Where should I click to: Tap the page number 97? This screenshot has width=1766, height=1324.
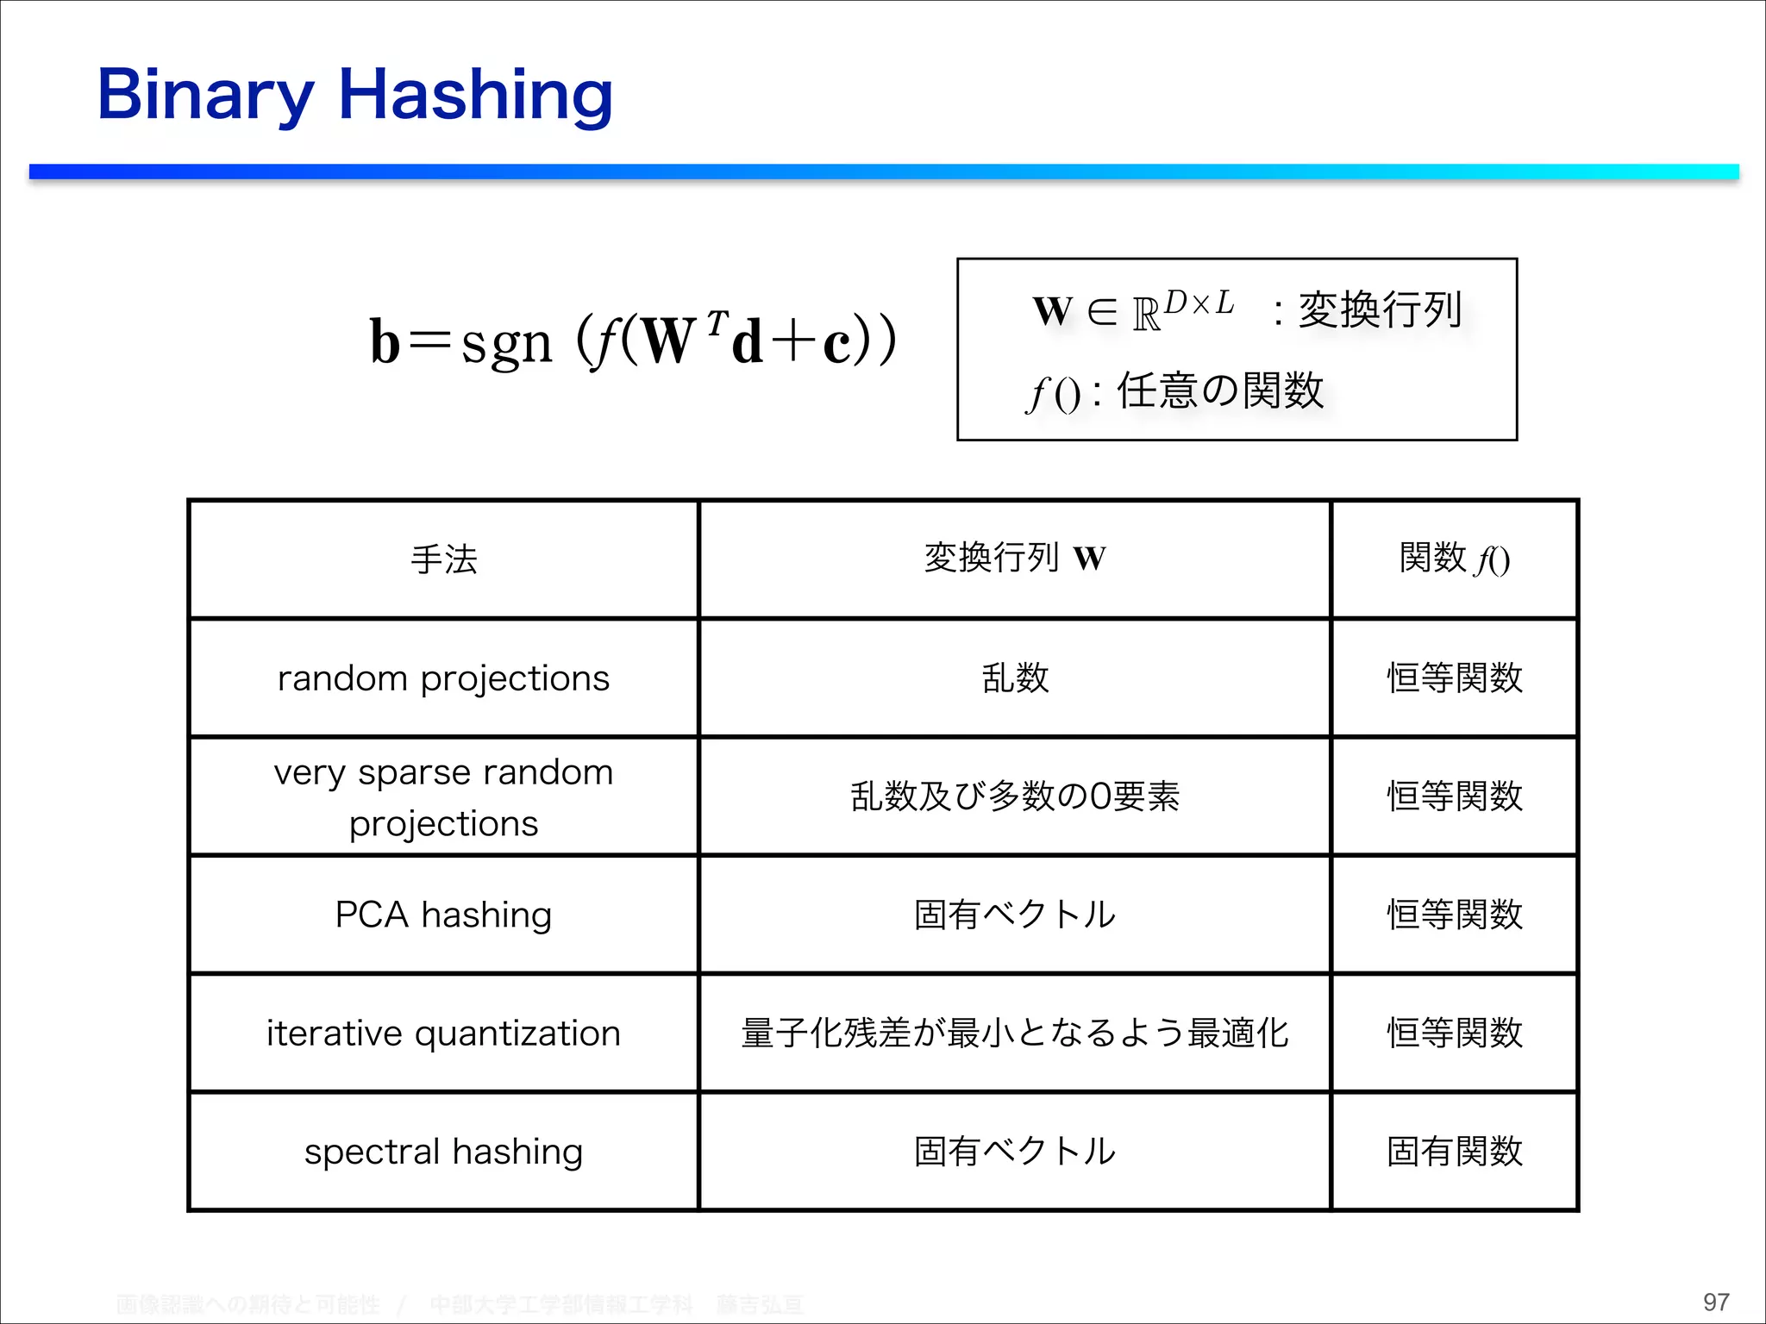[1715, 1302]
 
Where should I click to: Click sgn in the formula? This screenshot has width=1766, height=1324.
[506, 343]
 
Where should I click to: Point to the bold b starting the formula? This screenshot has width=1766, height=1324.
[385, 342]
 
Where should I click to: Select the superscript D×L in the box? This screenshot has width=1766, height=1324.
[1199, 303]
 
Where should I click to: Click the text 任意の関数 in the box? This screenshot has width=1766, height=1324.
[1219, 390]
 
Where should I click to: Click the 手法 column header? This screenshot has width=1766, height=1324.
[443, 559]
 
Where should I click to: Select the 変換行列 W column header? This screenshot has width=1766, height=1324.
[1014, 558]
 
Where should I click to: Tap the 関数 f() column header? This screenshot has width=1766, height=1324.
[1454, 559]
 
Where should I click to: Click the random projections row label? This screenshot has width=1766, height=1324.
[443, 678]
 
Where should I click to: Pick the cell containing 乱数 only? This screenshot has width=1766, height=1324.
[1015, 678]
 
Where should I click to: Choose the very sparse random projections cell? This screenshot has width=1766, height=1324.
[443, 797]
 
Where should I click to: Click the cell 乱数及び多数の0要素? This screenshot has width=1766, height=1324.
[1014, 796]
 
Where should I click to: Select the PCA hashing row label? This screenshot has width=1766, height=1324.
[443, 915]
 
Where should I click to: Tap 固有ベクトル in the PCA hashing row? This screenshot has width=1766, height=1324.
[1014, 915]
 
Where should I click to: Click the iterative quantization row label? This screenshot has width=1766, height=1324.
[443, 1033]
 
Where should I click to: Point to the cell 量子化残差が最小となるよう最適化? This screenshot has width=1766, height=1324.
[1014, 1033]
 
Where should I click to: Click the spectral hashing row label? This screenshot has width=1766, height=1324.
[443, 1152]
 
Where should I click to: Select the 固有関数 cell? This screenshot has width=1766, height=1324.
[1454, 1152]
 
